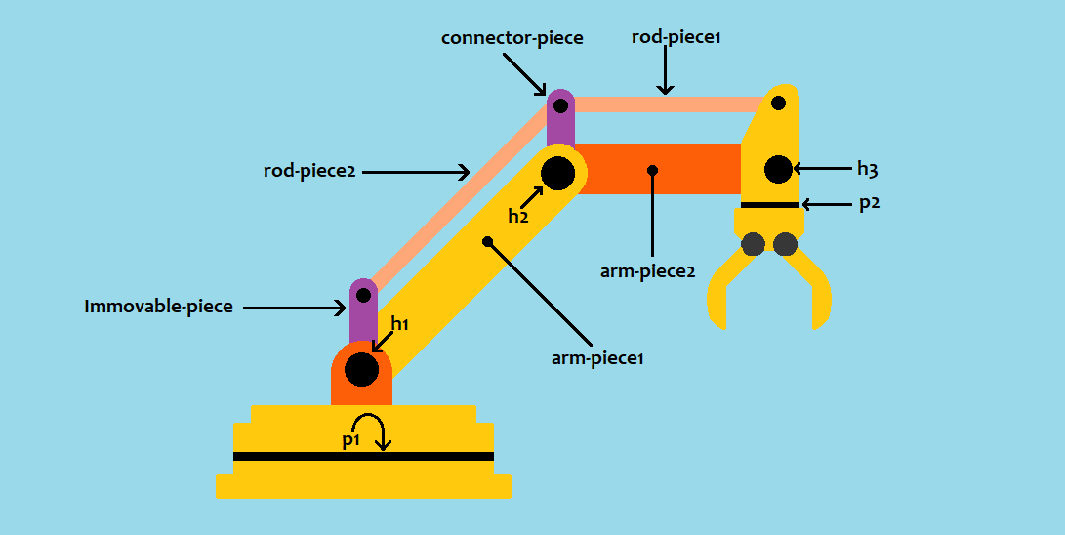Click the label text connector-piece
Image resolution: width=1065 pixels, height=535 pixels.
512,38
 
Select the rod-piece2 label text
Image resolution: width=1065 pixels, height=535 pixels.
309,171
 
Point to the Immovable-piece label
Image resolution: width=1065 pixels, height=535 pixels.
159,307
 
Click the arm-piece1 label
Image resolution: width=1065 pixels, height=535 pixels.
597,358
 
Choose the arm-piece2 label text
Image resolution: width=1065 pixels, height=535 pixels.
647,271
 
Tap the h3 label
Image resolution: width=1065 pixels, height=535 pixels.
867,169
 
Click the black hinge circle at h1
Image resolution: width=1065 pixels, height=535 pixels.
361,370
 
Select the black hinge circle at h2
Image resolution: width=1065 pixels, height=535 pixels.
557,173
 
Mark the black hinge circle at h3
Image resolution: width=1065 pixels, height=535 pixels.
777,169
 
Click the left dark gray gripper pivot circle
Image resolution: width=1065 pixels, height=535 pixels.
753,244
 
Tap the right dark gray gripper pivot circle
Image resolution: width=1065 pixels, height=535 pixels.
785,244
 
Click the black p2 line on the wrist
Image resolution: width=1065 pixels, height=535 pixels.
769,205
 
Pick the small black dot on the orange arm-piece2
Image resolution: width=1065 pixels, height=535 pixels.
652,171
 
